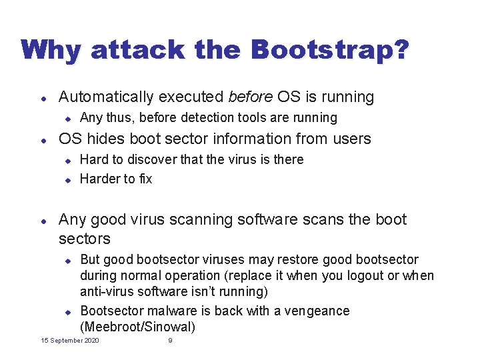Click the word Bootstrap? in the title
tap(329, 50)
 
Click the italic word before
tap(250, 97)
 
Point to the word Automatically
tap(106, 97)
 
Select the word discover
tap(151, 159)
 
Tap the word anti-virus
tap(105, 291)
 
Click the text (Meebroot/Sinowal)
tap(137, 327)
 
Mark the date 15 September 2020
tap(70, 341)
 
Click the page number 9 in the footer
tap(170, 341)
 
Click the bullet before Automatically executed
tap(43, 98)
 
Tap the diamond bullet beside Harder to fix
tap(67, 179)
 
